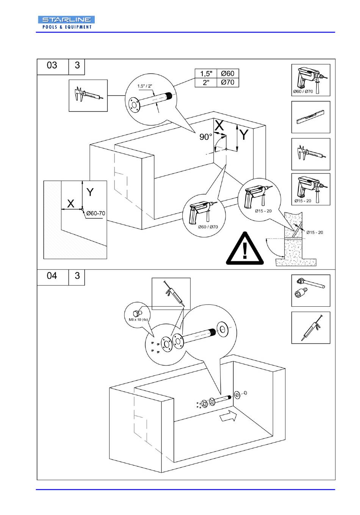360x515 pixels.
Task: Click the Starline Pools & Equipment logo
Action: click(x=66, y=23)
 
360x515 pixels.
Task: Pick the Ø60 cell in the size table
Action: click(x=228, y=73)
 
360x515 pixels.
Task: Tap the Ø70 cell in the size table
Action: click(x=228, y=83)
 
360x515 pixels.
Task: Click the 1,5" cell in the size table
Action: click(x=206, y=73)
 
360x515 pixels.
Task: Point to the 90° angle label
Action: click(x=206, y=137)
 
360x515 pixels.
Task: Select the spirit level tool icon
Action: click(x=310, y=117)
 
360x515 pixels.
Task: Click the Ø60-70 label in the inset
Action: click(x=96, y=213)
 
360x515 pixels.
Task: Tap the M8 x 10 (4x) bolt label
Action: click(x=138, y=320)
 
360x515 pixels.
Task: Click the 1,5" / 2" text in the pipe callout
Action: click(x=145, y=86)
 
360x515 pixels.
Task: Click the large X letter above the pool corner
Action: click(x=219, y=125)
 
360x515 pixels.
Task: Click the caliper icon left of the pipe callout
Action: click(x=88, y=95)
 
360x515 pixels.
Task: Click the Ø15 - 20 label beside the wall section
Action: click(x=315, y=233)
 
